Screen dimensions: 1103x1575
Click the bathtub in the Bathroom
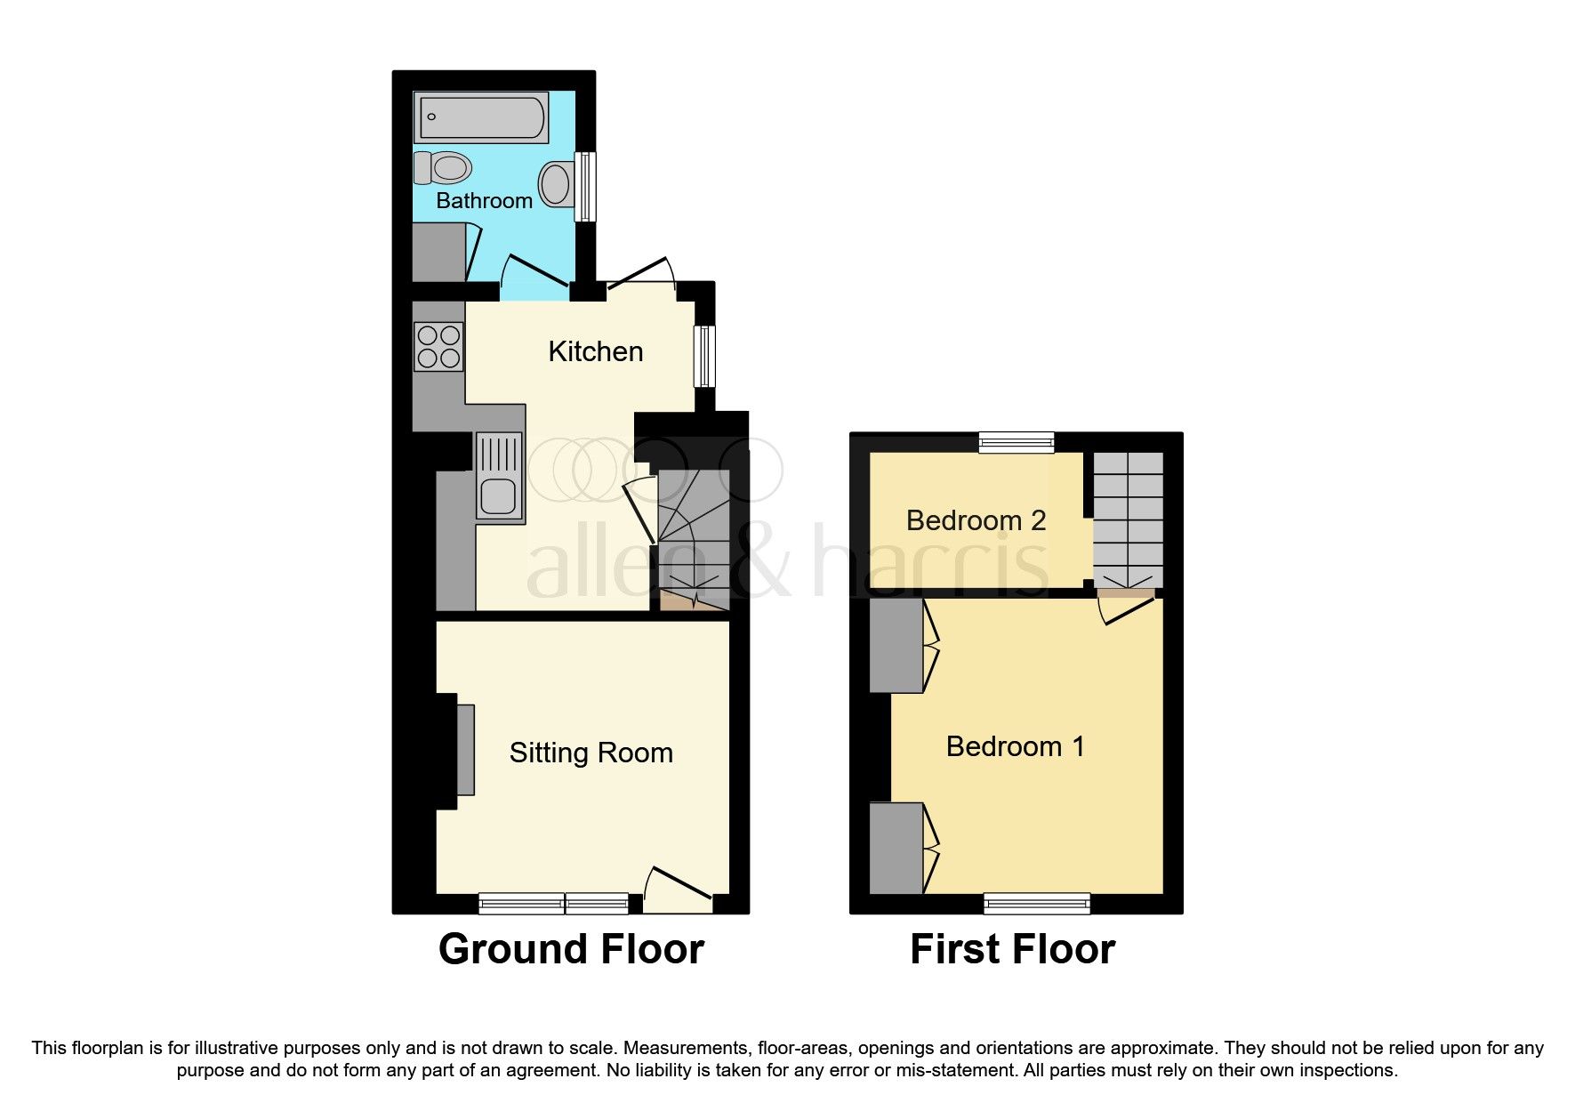[481, 118]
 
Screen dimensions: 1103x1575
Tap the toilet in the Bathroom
[444, 167]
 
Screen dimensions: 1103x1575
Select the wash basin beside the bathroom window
[557, 184]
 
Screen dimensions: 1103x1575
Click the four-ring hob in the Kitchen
[438, 347]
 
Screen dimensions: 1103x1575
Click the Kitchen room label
[595, 351]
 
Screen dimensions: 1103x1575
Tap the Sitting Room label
[591, 753]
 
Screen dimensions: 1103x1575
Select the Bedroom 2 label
[976, 520]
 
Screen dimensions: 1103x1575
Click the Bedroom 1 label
[1015, 746]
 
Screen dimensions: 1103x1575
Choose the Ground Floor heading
[571, 949]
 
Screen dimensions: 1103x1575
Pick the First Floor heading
[1012, 949]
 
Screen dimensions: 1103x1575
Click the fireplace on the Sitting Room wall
[465, 749]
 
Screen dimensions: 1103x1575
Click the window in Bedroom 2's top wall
[1017, 442]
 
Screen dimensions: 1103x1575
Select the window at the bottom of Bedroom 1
[1036, 904]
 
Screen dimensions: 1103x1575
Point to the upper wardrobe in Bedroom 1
[896, 646]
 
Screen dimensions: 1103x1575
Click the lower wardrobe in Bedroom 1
[896, 849]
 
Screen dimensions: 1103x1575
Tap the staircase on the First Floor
[1128, 519]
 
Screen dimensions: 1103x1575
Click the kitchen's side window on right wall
[704, 356]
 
